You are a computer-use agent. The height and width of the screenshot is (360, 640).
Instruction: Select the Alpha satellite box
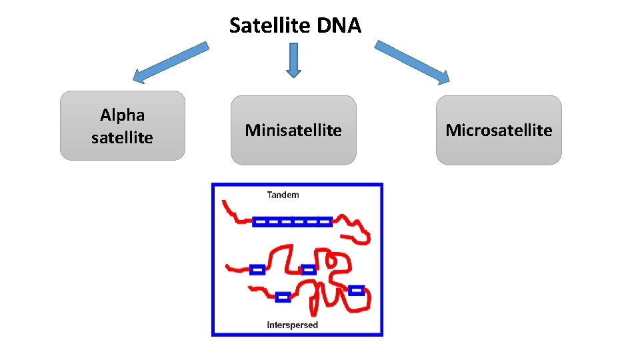122,125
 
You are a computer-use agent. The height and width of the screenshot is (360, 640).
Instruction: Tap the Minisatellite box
293,130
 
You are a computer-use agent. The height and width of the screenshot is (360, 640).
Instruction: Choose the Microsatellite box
499,130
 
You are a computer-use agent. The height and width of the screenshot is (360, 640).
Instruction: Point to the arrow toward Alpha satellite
171,63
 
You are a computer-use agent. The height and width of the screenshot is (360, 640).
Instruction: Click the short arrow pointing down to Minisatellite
293,60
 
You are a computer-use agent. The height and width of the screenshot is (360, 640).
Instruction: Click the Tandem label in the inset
283,195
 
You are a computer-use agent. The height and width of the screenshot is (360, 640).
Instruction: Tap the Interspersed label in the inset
292,325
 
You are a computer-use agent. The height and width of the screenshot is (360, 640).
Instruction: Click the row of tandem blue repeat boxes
292,221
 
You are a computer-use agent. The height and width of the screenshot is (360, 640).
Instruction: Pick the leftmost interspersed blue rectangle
257,269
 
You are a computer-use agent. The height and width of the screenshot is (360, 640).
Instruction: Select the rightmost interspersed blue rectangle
357,290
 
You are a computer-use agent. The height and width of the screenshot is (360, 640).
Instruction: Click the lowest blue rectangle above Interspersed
283,297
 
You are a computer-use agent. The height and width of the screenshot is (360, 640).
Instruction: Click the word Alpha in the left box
122,115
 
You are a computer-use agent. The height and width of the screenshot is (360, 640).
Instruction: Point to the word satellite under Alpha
122,137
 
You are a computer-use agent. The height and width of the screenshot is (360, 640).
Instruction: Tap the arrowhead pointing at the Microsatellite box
442,77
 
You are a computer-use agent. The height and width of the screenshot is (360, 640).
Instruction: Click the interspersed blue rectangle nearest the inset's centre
308,269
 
